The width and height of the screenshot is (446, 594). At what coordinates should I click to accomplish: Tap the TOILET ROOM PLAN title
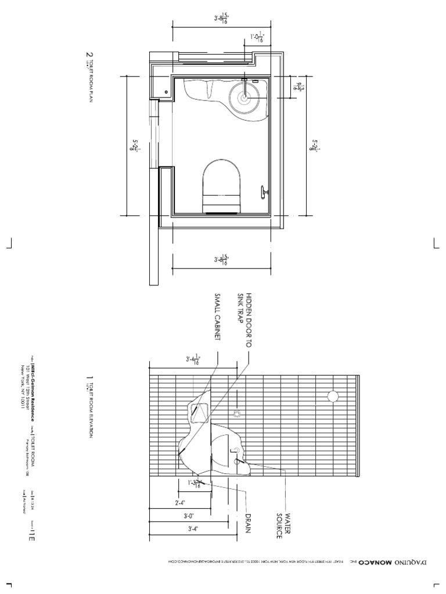[x=90, y=78]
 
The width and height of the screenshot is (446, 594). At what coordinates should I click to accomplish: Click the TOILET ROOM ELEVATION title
[x=90, y=409]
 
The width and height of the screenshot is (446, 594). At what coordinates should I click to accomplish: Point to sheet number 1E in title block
[x=27, y=533]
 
